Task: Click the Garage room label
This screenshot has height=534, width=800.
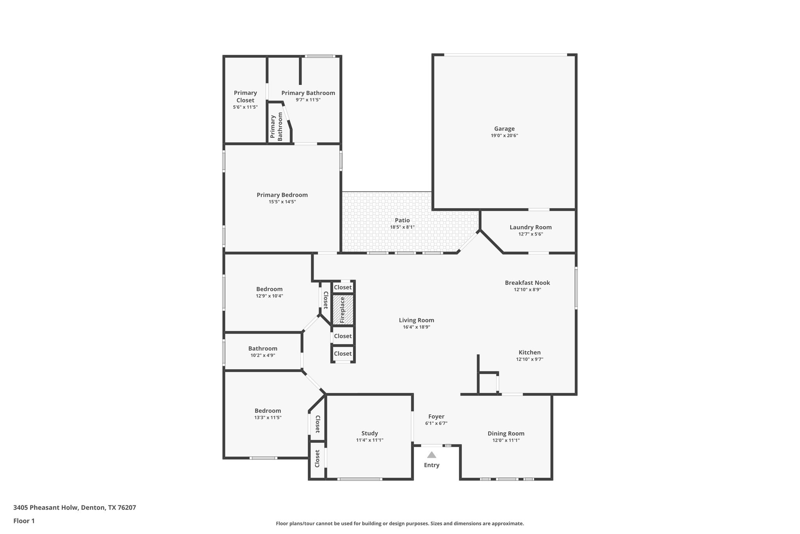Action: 504,129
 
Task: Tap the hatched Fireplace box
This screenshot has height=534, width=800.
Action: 343,310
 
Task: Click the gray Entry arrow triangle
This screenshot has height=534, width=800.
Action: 431,455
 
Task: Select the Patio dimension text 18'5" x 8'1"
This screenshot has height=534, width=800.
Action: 402,227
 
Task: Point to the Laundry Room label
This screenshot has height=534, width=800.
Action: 530,227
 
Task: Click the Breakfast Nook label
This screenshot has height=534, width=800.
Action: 527,283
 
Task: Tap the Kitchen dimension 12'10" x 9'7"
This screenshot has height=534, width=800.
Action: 529,359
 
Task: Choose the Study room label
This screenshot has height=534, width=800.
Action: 370,433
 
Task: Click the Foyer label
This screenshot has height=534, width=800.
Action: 436,417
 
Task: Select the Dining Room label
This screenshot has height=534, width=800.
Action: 506,433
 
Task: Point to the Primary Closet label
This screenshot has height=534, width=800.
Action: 245,97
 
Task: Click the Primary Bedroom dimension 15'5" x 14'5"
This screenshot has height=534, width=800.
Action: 282,202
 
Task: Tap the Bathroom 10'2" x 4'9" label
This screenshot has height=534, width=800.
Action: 263,349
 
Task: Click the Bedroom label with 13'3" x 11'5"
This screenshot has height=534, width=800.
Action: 268,411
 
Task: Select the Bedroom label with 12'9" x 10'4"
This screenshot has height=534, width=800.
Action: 269,289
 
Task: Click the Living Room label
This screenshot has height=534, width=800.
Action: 416,320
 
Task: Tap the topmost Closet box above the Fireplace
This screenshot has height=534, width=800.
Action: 343,288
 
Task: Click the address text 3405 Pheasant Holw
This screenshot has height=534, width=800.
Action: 75,508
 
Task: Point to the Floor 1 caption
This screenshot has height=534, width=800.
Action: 24,521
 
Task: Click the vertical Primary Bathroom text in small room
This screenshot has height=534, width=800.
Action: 276,127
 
